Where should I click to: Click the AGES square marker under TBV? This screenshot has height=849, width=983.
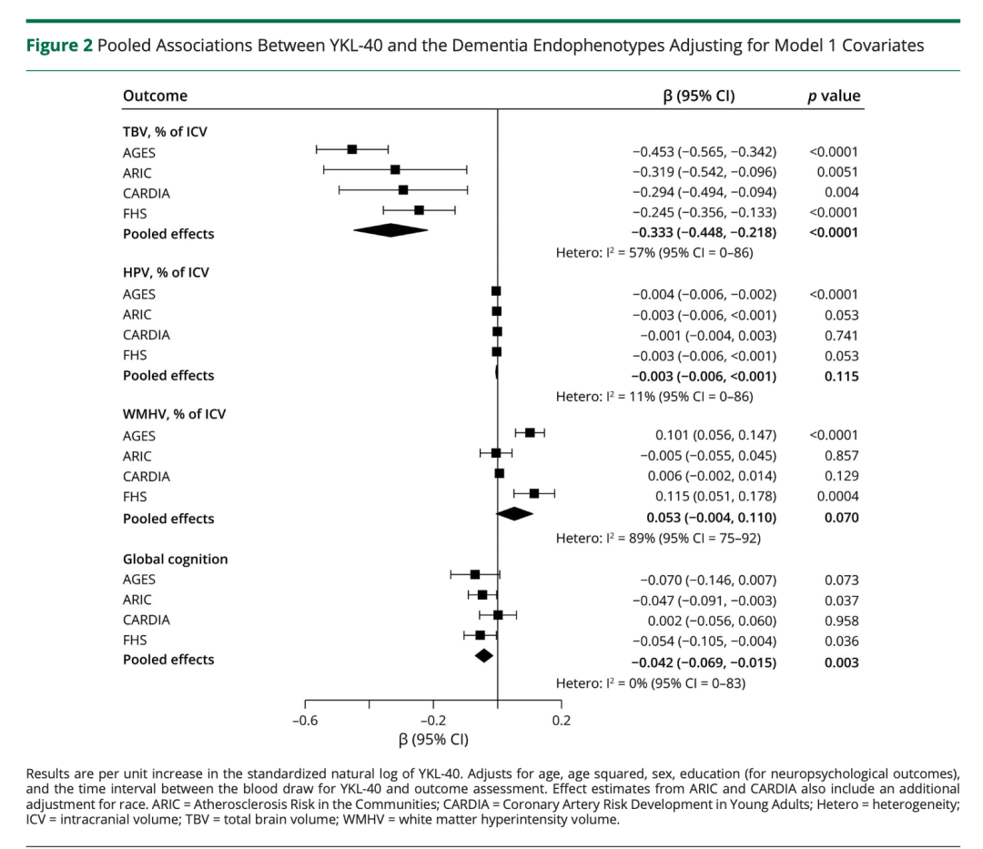pyautogui.click(x=352, y=149)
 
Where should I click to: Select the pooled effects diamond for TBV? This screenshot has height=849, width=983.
pyautogui.click(x=390, y=230)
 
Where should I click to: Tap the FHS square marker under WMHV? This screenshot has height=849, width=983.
pyautogui.click(x=534, y=493)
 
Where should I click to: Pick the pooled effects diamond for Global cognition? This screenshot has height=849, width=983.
pyautogui.click(x=484, y=655)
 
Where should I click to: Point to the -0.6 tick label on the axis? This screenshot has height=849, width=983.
pyautogui.click(x=304, y=722)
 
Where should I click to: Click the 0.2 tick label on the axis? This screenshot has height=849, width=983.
pyautogui.click(x=562, y=722)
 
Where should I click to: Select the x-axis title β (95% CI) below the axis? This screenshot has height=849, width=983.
pyautogui.click(x=433, y=739)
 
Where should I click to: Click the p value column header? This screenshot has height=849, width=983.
pyautogui.click(x=834, y=96)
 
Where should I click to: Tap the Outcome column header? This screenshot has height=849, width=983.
pyautogui.click(x=155, y=96)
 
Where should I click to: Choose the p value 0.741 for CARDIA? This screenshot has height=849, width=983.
pyautogui.click(x=842, y=335)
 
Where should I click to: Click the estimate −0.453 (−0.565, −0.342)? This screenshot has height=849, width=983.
pyautogui.click(x=704, y=153)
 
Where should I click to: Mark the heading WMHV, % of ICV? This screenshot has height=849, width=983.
pyautogui.click(x=175, y=414)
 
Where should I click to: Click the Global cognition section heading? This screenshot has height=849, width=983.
pyautogui.click(x=176, y=559)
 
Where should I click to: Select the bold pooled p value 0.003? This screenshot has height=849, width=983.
pyautogui.click(x=841, y=662)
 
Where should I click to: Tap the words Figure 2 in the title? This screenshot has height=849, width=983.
pyautogui.click(x=61, y=45)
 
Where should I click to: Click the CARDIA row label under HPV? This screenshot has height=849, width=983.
pyautogui.click(x=147, y=335)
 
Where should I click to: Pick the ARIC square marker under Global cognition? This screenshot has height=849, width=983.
pyautogui.click(x=482, y=595)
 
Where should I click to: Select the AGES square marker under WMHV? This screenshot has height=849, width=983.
pyautogui.click(x=530, y=432)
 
